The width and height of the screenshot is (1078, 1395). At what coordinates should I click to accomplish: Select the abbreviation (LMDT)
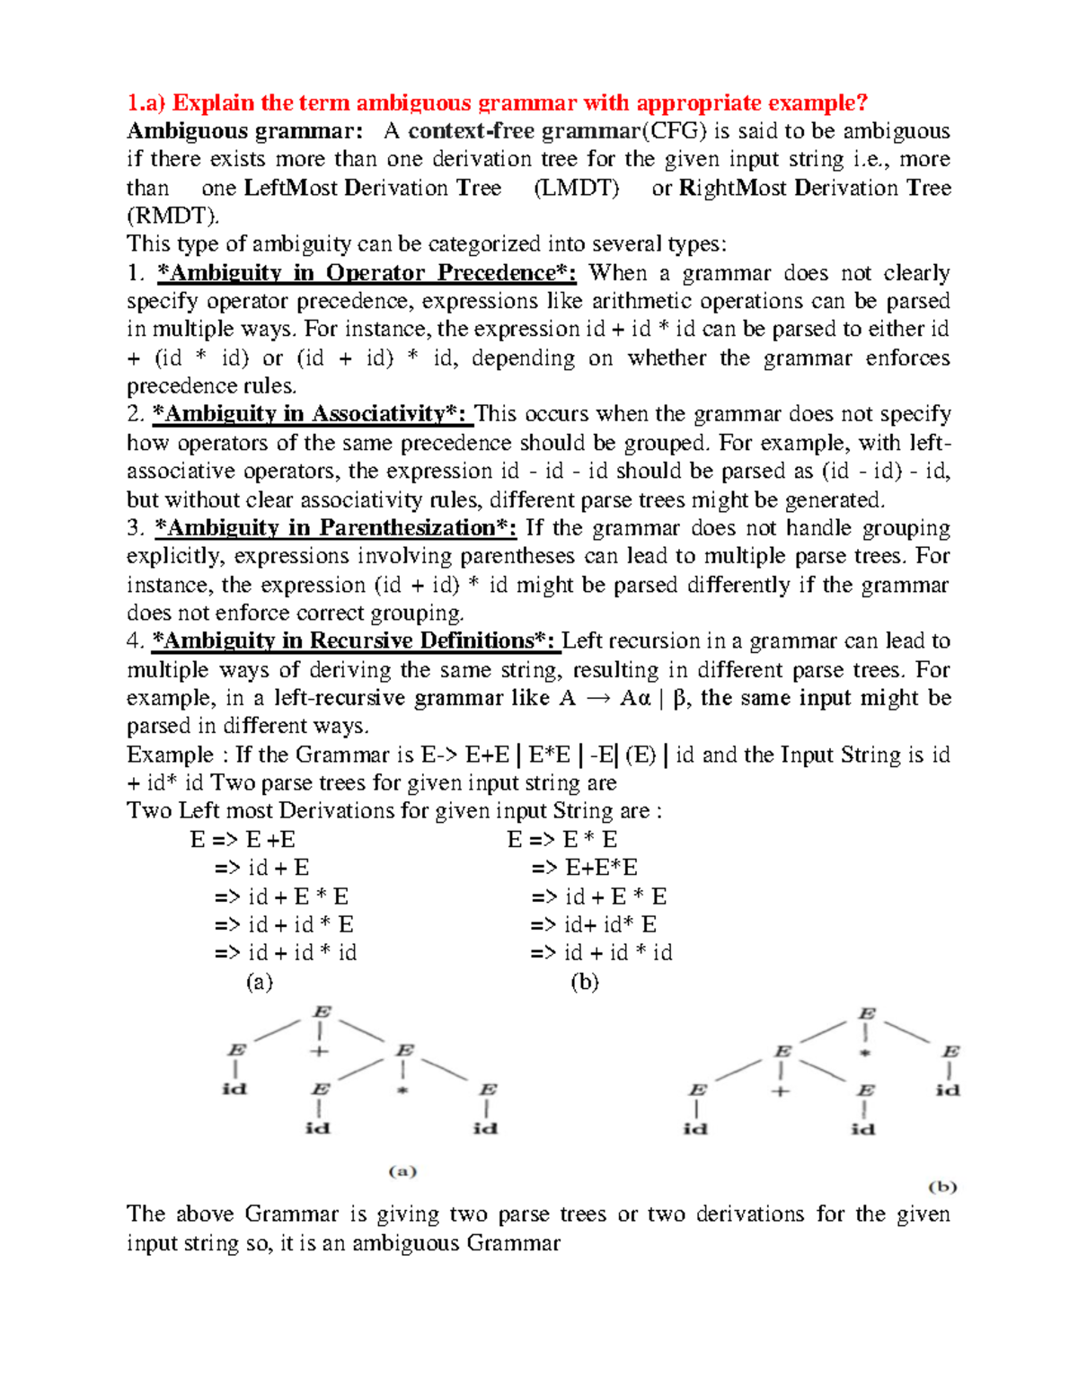point(576,188)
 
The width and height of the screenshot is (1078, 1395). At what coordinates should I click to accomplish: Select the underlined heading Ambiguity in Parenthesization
point(335,527)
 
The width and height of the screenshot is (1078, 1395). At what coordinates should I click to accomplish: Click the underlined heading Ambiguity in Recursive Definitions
point(355,640)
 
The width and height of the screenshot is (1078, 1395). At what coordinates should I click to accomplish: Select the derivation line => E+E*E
point(584,868)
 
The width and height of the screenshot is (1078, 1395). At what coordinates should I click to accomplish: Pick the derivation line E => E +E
point(243,840)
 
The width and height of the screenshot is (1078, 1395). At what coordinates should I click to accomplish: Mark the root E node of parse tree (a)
point(321,1012)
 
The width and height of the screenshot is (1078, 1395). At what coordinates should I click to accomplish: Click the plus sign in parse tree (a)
point(320,1051)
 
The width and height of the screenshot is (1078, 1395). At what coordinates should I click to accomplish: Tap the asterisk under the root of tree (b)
point(865,1052)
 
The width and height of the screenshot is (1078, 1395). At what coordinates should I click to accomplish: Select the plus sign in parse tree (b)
point(781,1091)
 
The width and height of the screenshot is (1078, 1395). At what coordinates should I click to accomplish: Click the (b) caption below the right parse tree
point(942,1187)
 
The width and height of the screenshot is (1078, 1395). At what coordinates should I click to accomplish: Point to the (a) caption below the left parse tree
point(402,1171)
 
